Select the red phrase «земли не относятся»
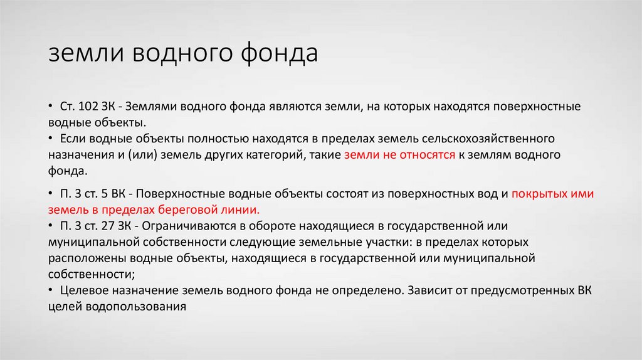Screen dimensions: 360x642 pos(399,154)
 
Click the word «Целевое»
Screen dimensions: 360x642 pos(83,290)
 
